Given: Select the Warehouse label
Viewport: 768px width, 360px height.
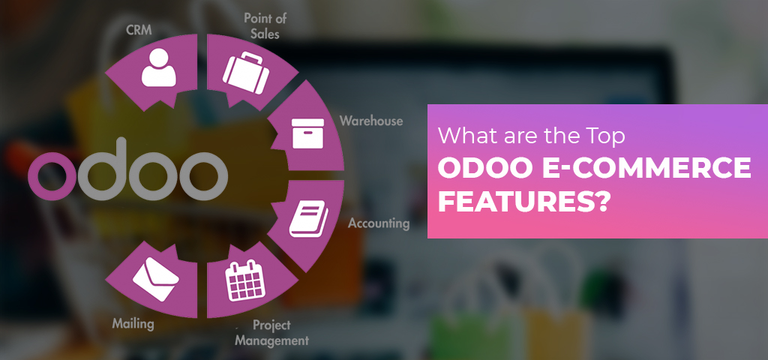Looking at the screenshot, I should pyautogui.click(x=370, y=121).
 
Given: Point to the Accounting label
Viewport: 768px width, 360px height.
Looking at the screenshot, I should pyautogui.click(x=379, y=223).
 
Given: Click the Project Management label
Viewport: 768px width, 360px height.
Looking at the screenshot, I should pyautogui.click(x=271, y=333).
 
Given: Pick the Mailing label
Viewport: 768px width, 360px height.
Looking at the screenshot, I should pyautogui.click(x=133, y=324).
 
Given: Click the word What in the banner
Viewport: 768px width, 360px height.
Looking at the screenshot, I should pyautogui.click(x=463, y=137).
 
